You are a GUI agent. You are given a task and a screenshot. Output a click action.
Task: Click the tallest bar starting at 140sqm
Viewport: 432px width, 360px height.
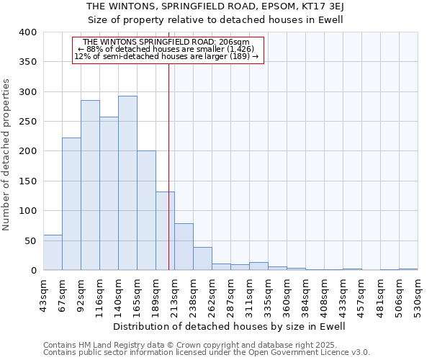pos(127,183)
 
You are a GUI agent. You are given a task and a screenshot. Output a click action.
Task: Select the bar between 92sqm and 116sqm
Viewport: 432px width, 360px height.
pos(90,185)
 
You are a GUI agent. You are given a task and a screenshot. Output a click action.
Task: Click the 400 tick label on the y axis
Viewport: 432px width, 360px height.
pos(27,32)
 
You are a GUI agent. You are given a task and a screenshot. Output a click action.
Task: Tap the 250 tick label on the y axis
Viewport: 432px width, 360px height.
pos(27,122)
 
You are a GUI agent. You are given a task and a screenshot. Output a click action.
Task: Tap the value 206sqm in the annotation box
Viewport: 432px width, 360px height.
pos(235,42)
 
